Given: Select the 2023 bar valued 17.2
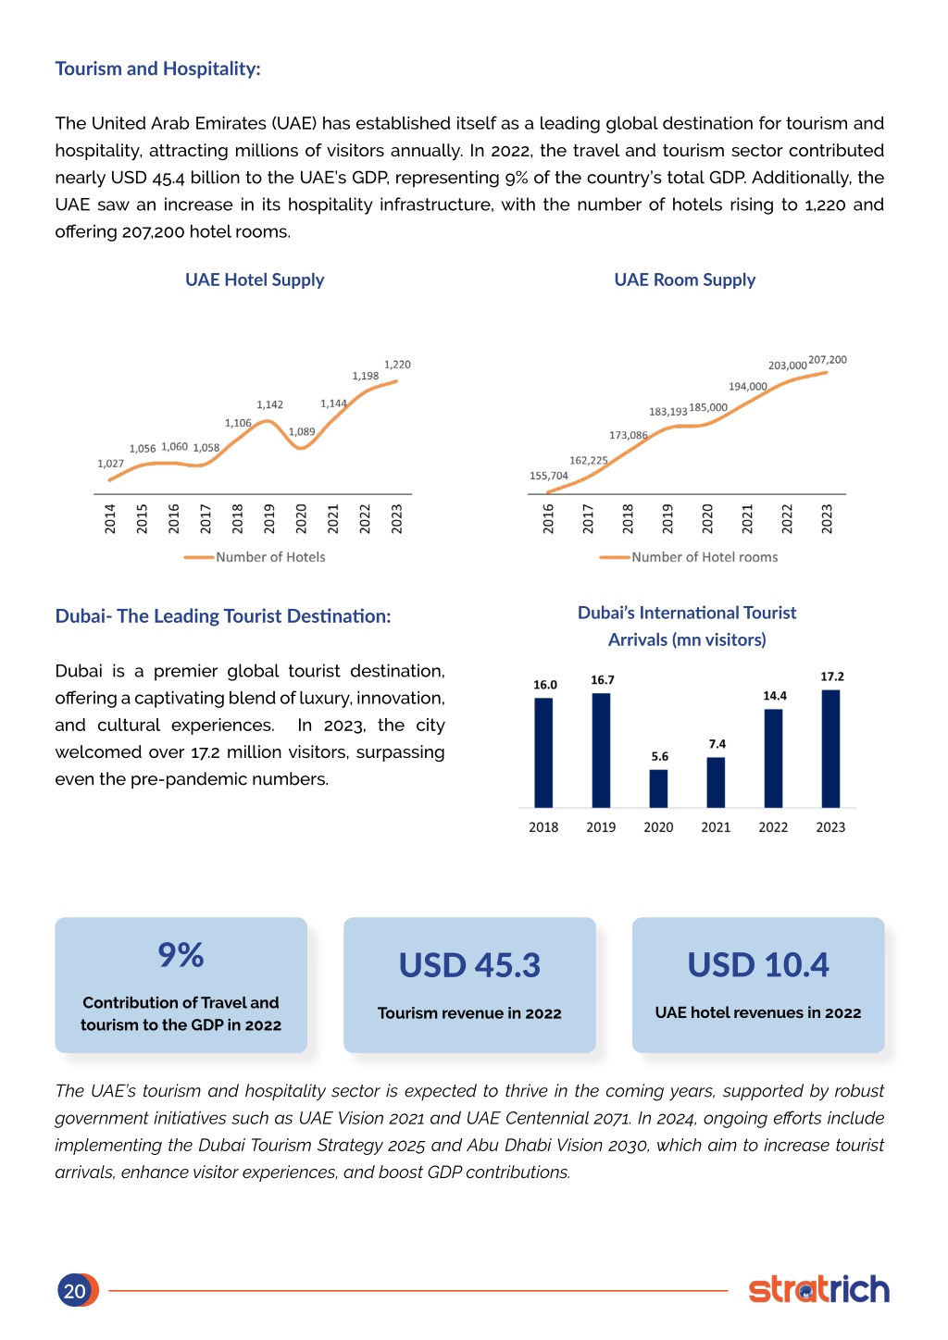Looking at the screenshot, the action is click(x=830, y=749).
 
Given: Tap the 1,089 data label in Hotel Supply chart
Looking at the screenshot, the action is click(x=302, y=431).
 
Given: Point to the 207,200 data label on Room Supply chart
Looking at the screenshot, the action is click(x=828, y=360).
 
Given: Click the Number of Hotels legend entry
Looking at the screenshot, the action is click(x=255, y=557).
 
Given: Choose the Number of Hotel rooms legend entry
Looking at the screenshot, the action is click(x=689, y=557).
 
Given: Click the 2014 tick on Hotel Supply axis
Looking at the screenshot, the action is click(x=110, y=518).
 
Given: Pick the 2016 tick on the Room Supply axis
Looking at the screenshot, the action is click(x=548, y=518).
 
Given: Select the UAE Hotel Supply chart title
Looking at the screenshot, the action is click(x=255, y=279).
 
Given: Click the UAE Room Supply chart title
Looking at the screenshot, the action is click(x=685, y=279).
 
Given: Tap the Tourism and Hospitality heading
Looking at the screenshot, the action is click(x=158, y=68).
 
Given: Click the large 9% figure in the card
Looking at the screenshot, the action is click(x=181, y=954).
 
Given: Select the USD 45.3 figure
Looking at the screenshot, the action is click(x=469, y=965).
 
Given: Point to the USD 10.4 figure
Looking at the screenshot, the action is click(x=758, y=964).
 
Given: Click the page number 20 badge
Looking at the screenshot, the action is click(x=77, y=1290).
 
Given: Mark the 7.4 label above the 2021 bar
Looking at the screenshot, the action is click(x=717, y=744).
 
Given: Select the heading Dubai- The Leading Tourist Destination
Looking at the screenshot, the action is click(x=222, y=616).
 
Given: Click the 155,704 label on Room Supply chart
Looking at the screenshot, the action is click(x=549, y=476).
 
